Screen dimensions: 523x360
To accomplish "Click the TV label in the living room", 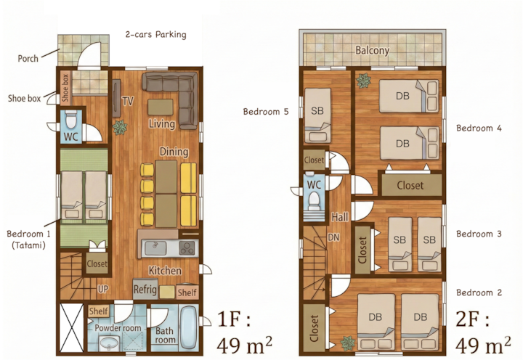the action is pos(128,101).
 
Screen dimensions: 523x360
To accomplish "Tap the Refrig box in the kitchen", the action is pos(145,289).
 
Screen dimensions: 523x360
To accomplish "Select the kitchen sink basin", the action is pos(155,247).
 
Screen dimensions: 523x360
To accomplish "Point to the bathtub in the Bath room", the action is pos(188,327).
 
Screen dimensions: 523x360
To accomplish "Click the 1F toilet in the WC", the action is pos(70,120).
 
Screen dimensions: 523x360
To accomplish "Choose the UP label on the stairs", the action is pos(103,289).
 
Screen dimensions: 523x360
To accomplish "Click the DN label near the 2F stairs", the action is pos(333,237).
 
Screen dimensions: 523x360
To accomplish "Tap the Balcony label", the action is pos(372,50).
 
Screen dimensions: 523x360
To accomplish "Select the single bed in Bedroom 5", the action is pos(318,115).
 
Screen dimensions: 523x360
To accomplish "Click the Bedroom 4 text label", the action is pos(479,128).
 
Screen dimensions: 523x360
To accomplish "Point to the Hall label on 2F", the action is pos(340,217).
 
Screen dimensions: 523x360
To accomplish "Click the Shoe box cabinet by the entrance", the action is pos(65,88).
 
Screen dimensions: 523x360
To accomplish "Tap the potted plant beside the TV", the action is pos(120,128).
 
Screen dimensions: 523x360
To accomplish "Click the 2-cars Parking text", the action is pos(155,35).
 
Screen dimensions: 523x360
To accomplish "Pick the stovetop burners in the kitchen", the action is pos(187,247).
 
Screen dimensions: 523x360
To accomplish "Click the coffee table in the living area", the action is pos(161,107).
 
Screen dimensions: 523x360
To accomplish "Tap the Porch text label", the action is pos(28,59).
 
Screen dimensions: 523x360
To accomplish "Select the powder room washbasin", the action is pos(110,343).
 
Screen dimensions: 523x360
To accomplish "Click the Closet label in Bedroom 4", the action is pos(410,185).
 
